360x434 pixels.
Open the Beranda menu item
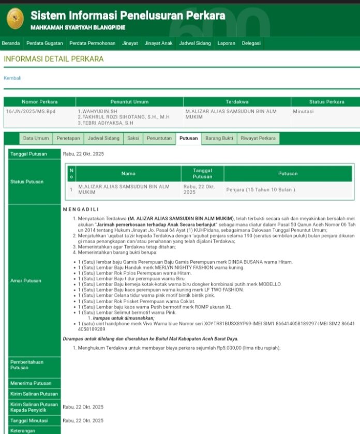[11, 43]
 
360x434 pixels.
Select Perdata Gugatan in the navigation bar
[44, 43]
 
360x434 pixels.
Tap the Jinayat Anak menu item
[158, 43]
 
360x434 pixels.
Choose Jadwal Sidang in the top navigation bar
[195, 43]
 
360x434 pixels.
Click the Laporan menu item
[227, 43]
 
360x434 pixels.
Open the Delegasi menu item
[251, 43]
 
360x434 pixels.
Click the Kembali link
[12, 78]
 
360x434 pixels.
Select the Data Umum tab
[36, 138]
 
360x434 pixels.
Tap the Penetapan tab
[68, 138]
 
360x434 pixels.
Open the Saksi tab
[133, 138]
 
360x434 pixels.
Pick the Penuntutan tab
[159, 138]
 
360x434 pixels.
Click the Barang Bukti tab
[219, 138]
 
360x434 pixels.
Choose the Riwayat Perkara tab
[258, 138]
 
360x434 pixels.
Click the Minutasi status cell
[303, 111]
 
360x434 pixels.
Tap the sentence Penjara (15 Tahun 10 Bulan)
[261, 189]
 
